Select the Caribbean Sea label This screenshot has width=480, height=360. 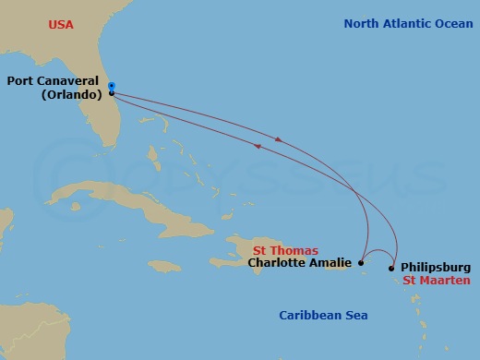click(x=323, y=316)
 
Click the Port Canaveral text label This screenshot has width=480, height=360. click(x=54, y=80)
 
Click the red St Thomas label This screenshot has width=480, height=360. click(x=286, y=250)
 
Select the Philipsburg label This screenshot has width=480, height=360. click(x=438, y=268)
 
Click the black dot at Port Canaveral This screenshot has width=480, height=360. click(x=112, y=93)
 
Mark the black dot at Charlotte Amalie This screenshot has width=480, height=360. click(x=361, y=263)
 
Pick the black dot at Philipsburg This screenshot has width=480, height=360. click(x=392, y=269)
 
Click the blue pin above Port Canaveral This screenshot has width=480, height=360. click(x=111, y=86)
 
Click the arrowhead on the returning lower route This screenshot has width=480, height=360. click(x=257, y=145)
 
